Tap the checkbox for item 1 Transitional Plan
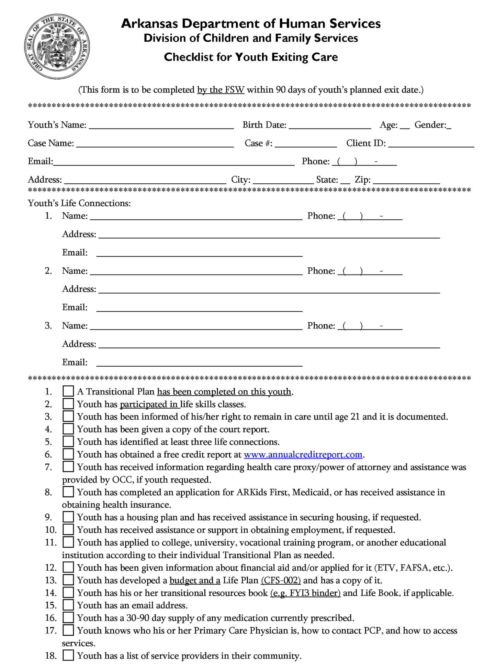pyautogui.click(x=68, y=391)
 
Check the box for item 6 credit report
pyautogui.click(x=68, y=454)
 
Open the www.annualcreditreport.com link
pyautogui.click(x=303, y=455)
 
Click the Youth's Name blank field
pyautogui.click(x=161, y=125)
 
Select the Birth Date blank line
pyautogui.click(x=330, y=125)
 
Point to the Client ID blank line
pyautogui.click(x=431, y=144)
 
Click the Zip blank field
pyautogui.click(x=406, y=180)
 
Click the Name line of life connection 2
pyautogui.click(x=196, y=271)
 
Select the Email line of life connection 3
pyautogui.click(x=199, y=363)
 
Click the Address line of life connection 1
pyautogui.click(x=269, y=235)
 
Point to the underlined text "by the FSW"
pyautogui.click(x=221, y=90)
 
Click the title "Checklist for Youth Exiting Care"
pyautogui.click(x=251, y=57)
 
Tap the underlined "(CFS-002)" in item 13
pyautogui.click(x=281, y=581)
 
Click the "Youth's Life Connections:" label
pyautogui.click(x=79, y=203)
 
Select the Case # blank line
pyautogui.click(x=306, y=144)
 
